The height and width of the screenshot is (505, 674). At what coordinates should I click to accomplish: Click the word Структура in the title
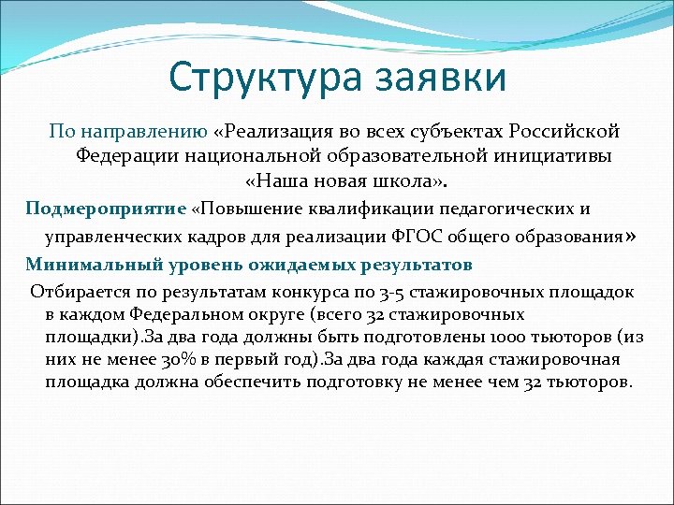(x=254, y=78)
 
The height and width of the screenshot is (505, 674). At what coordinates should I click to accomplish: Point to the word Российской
(x=566, y=132)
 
